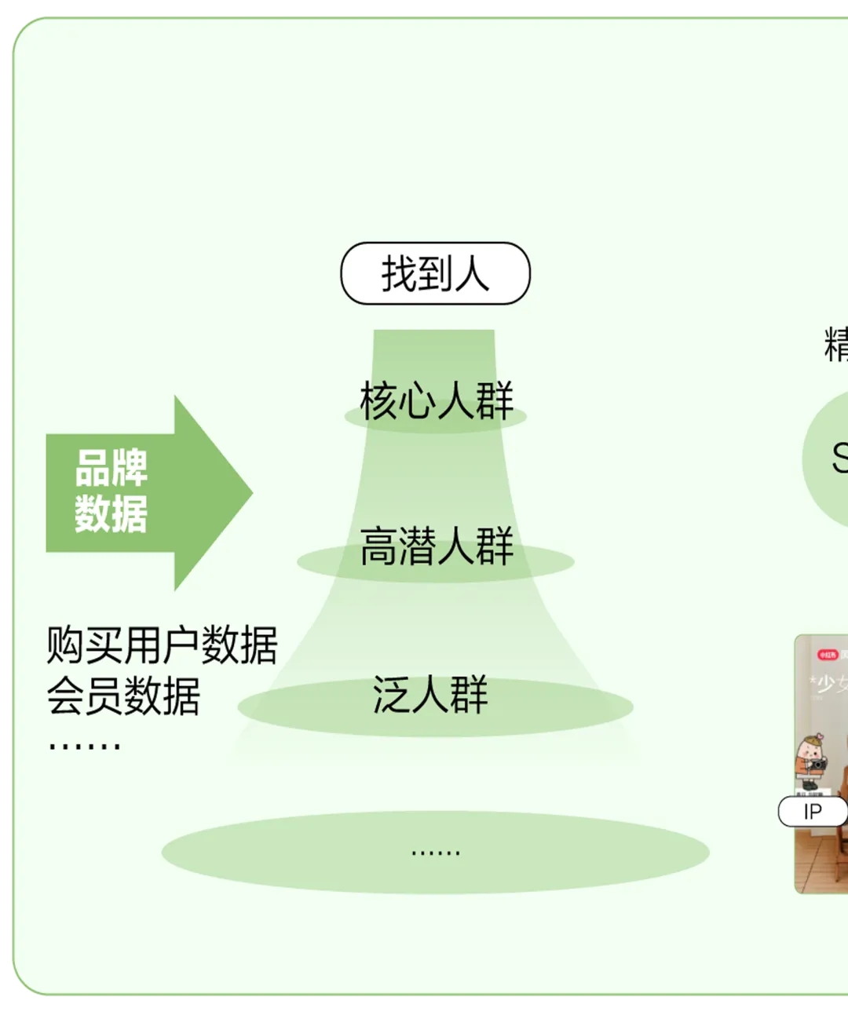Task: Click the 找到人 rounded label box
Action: pos(435,273)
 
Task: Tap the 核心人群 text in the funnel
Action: pos(437,400)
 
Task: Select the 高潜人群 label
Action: pos(437,546)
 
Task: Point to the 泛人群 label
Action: pos(430,695)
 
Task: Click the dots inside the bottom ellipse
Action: pos(436,852)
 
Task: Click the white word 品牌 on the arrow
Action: pos(111,468)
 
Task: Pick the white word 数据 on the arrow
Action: pos(111,514)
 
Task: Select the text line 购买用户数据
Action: pos(162,645)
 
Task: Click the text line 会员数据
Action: pos(123,696)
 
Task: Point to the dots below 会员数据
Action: pos(84,744)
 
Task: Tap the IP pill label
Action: pos(812,812)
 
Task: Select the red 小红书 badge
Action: pos(828,654)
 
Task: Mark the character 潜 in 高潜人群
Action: pos(417,546)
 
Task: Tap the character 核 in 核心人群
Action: pos(378,400)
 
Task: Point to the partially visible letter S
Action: pos(839,458)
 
